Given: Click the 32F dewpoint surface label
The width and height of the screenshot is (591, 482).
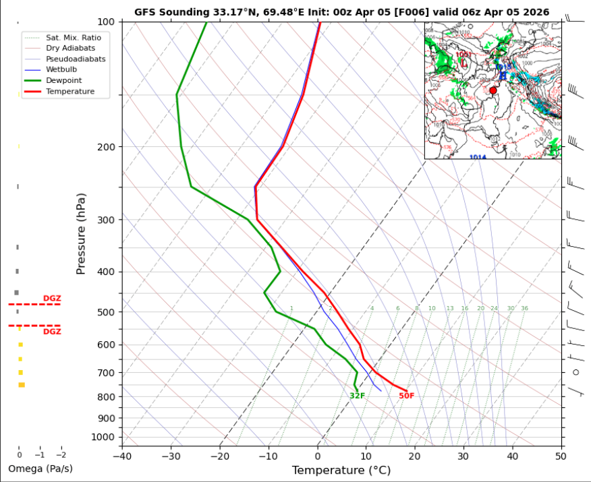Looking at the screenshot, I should click(357, 396).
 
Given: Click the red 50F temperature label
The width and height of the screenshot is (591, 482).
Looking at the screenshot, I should click(407, 396).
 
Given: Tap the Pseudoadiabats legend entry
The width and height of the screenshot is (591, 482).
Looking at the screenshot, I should click(75, 59).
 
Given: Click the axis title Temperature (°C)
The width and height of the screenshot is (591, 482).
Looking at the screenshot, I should click(341, 470).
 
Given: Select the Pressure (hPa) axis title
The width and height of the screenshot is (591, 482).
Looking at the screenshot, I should click(81, 233).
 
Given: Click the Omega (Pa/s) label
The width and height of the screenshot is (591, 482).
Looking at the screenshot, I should click(40, 469).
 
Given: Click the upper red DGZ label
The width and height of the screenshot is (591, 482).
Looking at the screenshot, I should click(52, 298).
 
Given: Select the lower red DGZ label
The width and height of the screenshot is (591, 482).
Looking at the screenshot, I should click(52, 332).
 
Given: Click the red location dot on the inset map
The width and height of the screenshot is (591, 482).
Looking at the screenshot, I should click(493, 90).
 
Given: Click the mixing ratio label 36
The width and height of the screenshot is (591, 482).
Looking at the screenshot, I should click(525, 309).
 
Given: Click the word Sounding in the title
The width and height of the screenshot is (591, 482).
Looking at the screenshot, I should click(179, 12).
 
